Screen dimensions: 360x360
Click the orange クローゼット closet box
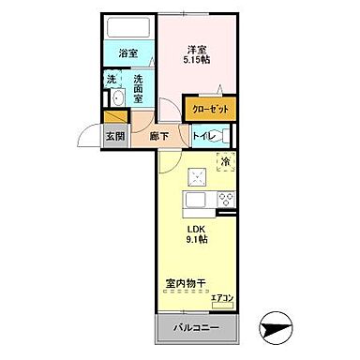tap(209, 109)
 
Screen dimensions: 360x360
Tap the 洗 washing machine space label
tap(112, 79)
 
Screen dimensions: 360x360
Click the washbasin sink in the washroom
tap(118, 99)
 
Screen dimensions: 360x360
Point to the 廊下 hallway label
tap(157, 137)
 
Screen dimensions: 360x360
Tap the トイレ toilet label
tap(204, 137)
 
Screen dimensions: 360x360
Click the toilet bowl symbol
tap(224, 137)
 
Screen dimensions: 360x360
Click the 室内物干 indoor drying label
tap(189, 280)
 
